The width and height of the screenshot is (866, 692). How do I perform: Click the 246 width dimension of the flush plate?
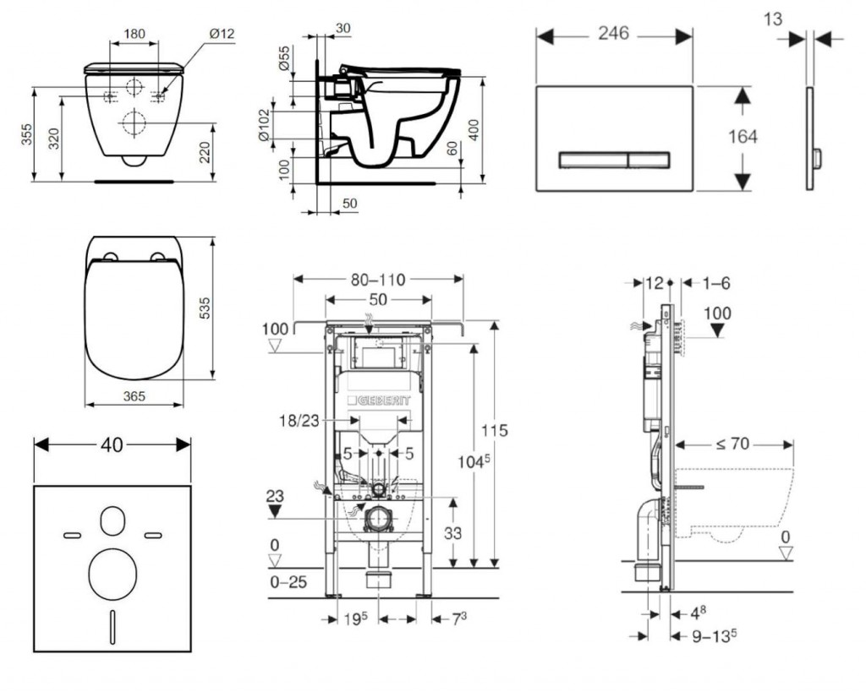[x=614, y=33]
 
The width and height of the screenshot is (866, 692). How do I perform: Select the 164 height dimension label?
[x=743, y=136]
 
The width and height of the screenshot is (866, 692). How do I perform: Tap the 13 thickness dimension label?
[x=773, y=18]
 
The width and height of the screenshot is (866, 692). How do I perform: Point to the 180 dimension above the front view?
[x=134, y=34]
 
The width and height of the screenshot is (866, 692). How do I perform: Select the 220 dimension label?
[x=206, y=151]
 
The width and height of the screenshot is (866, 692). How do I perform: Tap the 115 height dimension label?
[x=495, y=431]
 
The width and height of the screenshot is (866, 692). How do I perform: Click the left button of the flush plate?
[x=591, y=158]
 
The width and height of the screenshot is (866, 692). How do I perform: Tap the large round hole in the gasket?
[x=112, y=572]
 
